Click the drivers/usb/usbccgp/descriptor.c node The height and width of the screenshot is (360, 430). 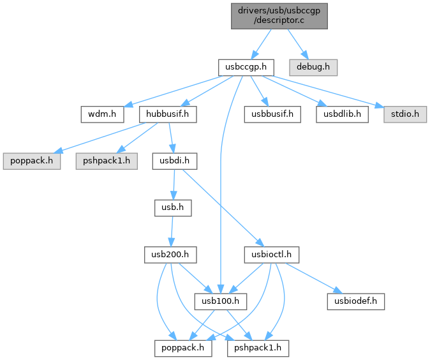click(279, 14)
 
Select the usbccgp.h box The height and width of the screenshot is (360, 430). click(246, 66)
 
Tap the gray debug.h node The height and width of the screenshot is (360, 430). click(313, 66)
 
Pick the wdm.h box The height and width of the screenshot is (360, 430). click(98, 114)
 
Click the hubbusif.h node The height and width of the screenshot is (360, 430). click(167, 114)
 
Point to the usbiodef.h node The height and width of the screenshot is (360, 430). click(356, 301)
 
